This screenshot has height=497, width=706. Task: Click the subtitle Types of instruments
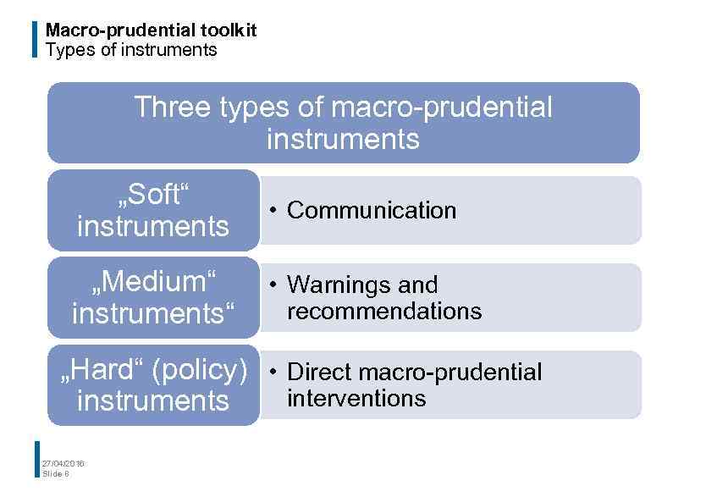click(x=131, y=50)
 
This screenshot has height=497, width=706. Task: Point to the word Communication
click(x=372, y=210)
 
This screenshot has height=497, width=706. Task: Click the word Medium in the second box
click(x=152, y=281)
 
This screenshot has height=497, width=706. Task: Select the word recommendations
click(x=384, y=312)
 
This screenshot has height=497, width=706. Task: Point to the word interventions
click(x=356, y=398)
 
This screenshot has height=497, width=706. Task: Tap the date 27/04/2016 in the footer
click(x=63, y=463)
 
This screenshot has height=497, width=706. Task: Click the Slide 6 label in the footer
click(x=56, y=474)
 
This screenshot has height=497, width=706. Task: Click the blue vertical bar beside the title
click(x=35, y=40)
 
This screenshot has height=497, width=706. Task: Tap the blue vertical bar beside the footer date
click(x=37, y=459)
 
